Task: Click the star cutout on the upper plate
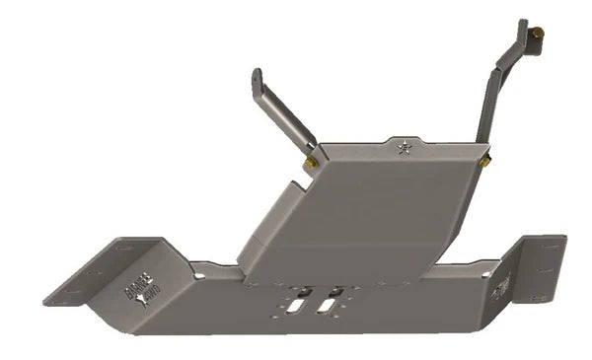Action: coord(403,149)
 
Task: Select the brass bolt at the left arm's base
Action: coord(311,163)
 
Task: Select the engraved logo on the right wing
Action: coord(503,287)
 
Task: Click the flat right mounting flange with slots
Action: coord(542,266)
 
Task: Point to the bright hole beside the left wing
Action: coord(200,273)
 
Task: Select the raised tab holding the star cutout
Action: coord(403,148)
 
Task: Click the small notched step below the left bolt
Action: coord(296,188)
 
